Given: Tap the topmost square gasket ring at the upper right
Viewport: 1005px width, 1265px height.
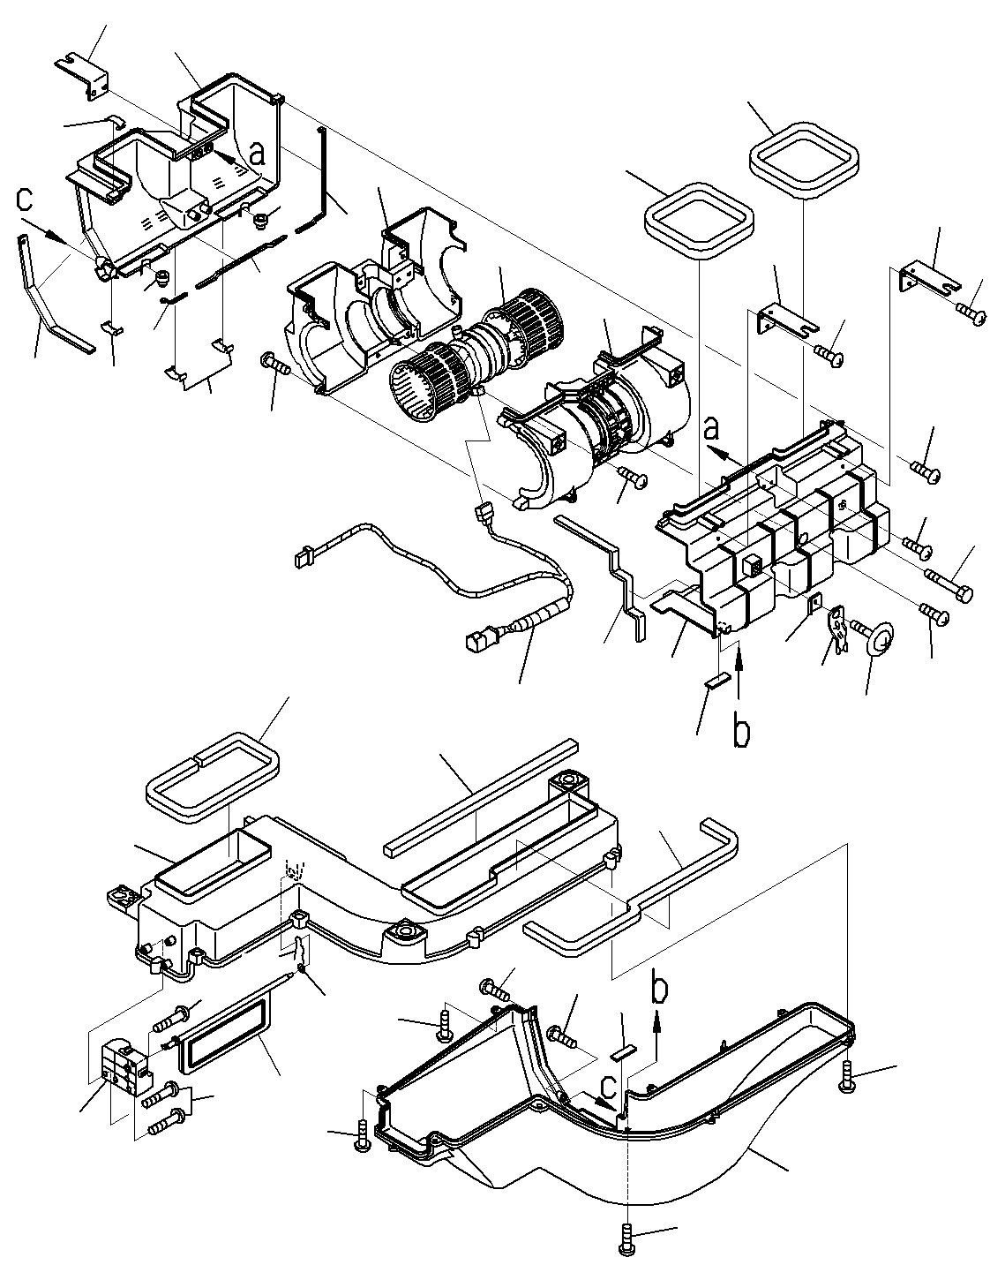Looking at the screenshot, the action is [804, 160].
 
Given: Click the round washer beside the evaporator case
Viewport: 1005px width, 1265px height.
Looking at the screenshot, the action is [878, 636].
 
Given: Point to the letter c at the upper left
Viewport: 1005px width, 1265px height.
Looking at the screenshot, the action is [25, 199].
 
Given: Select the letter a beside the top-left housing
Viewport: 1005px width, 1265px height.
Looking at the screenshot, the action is [258, 154].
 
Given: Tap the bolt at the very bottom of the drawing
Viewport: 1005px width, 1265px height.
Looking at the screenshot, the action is [627, 1243].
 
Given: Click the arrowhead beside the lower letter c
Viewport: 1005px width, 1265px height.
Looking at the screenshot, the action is [604, 1103].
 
